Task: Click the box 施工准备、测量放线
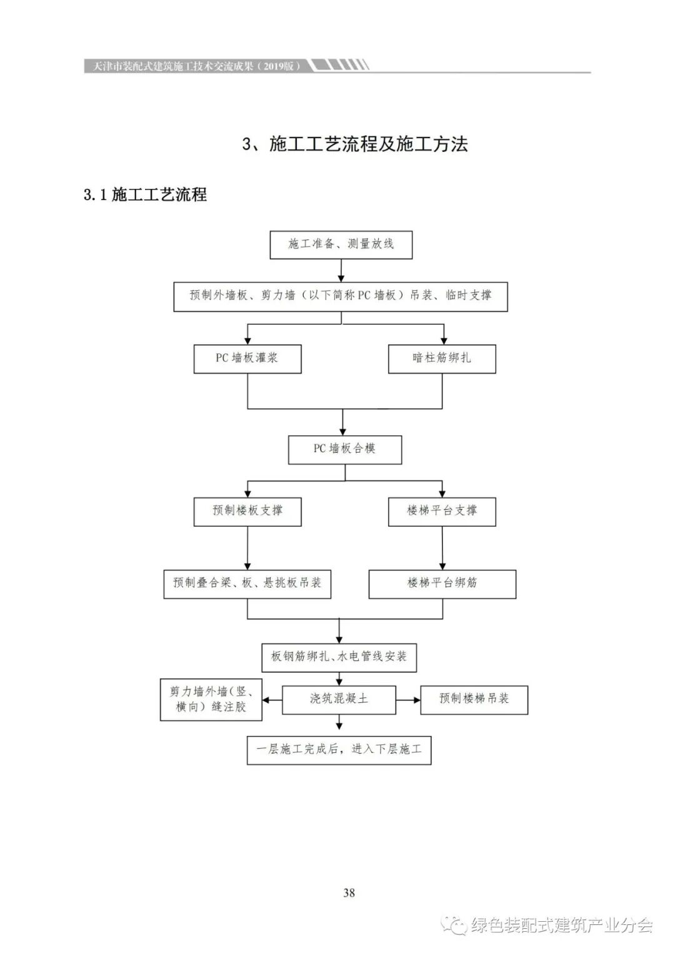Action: tap(341, 245)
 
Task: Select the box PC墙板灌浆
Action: tap(247, 359)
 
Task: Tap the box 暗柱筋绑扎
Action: tap(442, 359)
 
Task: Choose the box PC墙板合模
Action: tap(344, 449)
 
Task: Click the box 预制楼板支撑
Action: tap(247, 511)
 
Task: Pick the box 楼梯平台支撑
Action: tap(442, 511)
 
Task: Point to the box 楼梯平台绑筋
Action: tap(442, 584)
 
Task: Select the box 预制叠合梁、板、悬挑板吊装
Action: tap(247, 584)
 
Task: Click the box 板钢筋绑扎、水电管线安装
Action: tap(339, 657)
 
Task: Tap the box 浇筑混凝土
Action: tap(339, 699)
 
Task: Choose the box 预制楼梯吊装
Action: tap(474, 699)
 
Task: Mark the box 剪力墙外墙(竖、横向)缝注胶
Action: tap(211, 699)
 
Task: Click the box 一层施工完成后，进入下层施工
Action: tap(339, 749)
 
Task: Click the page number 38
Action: tap(349, 892)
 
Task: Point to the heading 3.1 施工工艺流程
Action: tap(145, 195)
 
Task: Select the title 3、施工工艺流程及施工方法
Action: tap(355, 144)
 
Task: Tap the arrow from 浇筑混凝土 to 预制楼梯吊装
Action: tap(408, 700)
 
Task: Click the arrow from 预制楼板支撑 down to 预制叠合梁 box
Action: tap(247, 547)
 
